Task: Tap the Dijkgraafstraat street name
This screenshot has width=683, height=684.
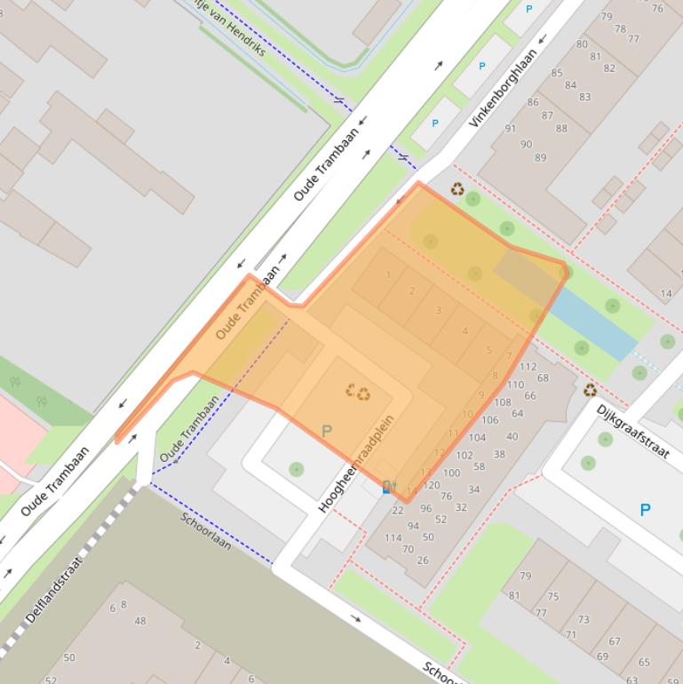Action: click(x=632, y=432)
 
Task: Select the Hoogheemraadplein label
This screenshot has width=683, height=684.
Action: click(x=357, y=462)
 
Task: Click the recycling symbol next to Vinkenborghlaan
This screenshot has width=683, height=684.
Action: click(x=457, y=188)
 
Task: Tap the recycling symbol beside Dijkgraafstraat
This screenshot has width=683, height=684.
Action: click(x=590, y=389)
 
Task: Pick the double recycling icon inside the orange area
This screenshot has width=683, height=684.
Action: click(x=358, y=392)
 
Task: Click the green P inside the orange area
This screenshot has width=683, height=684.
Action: click(x=326, y=431)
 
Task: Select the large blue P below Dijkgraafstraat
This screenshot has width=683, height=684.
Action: click(x=645, y=510)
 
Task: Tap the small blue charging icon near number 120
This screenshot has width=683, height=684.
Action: click(x=387, y=487)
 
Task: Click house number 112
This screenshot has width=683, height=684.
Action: click(x=528, y=366)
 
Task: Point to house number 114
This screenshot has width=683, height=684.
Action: click(x=393, y=537)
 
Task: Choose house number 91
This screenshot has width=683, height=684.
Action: click(x=510, y=129)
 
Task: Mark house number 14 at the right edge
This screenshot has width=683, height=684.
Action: click(x=666, y=293)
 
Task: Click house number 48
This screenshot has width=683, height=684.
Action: click(x=140, y=621)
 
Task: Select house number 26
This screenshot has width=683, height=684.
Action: click(x=423, y=560)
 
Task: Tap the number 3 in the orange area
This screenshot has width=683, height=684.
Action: click(x=439, y=310)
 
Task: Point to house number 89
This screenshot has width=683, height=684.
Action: click(x=541, y=158)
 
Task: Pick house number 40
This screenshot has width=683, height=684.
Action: click(x=512, y=436)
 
